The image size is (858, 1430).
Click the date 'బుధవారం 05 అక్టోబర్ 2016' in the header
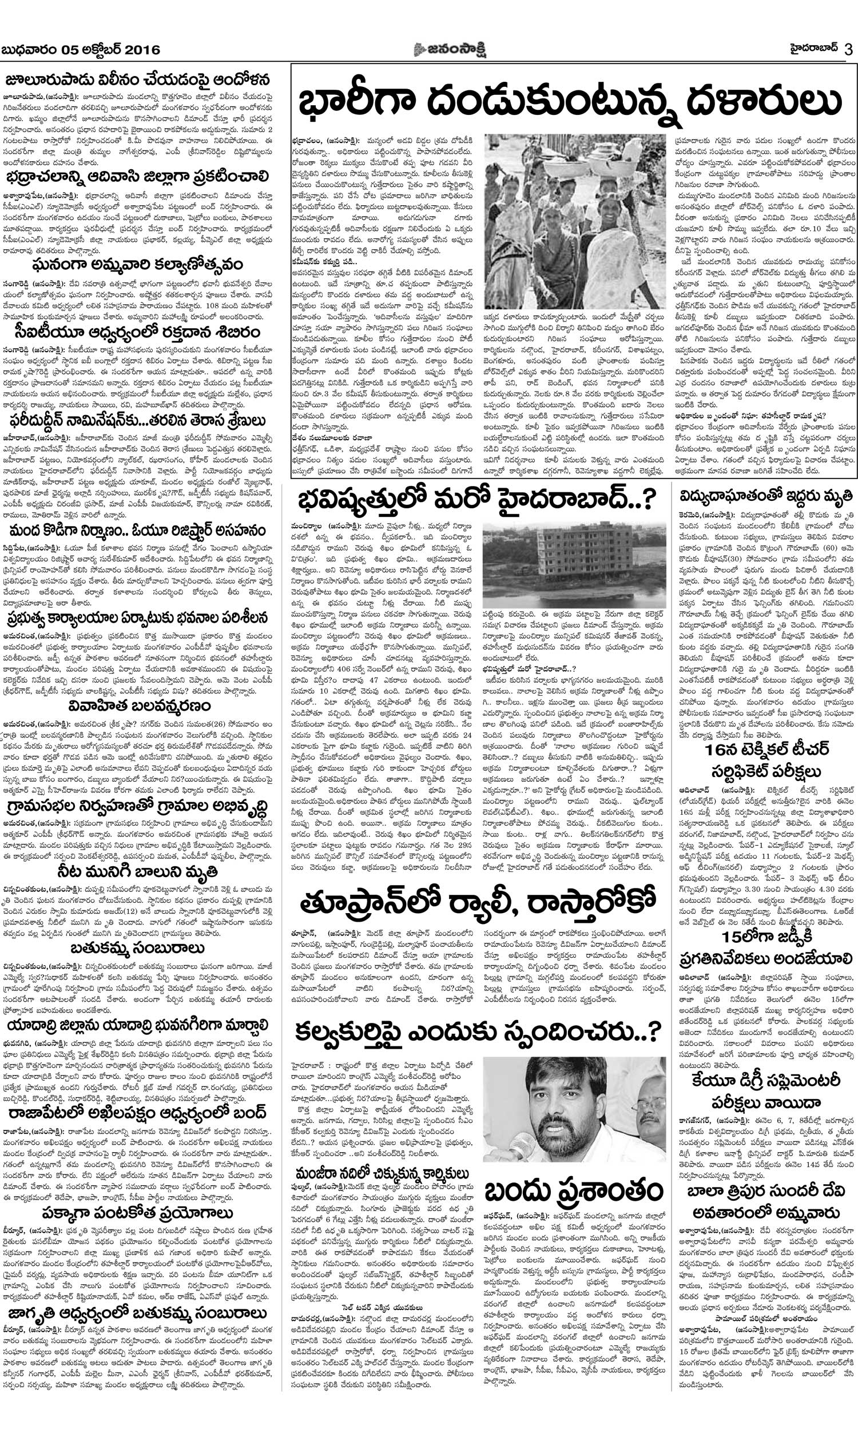tap(82, 50)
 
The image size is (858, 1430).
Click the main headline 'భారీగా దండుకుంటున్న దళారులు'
tap(570, 102)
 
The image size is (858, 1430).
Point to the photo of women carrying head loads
tap(574, 222)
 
